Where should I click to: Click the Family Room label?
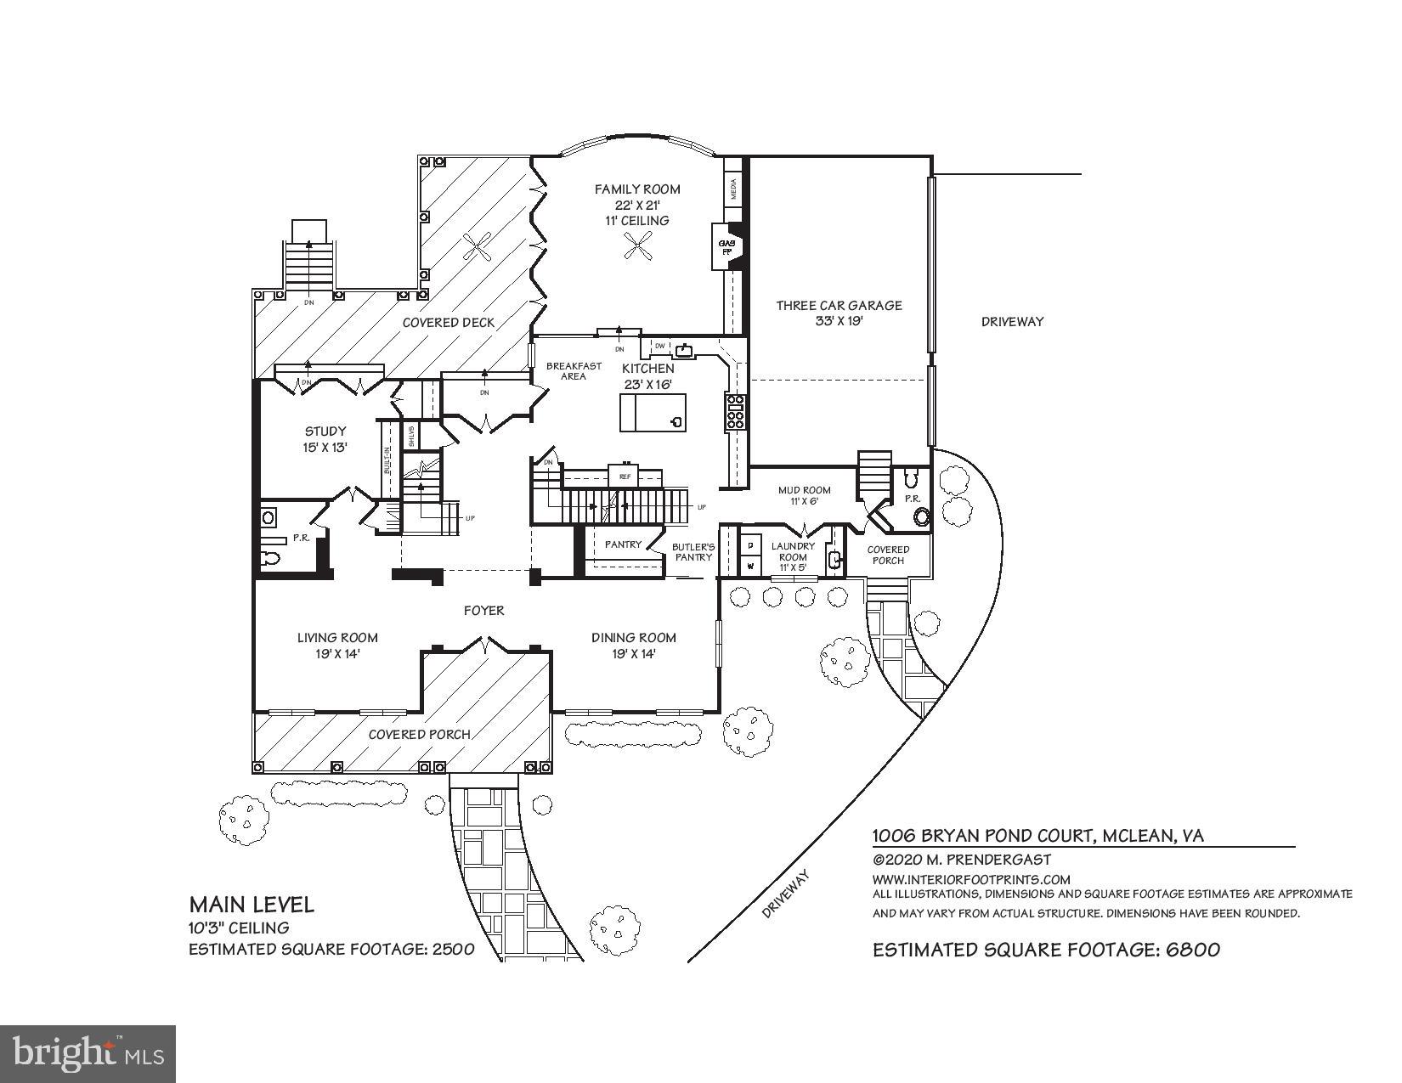(x=636, y=189)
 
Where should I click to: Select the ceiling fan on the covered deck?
(x=477, y=247)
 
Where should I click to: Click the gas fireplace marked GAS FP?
(x=727, y=246)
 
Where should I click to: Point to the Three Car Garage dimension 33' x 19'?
(x=838, y=321)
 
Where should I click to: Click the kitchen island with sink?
(x=652, y=414)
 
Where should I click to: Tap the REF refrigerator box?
(x=625, y=477)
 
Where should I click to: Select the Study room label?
(x=325, y=432)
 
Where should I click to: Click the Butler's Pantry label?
(x=693, y=552)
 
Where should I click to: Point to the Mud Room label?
(x=804, y=490)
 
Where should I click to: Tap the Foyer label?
(x=483, y=610)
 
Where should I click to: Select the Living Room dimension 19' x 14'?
(x=337, y=653)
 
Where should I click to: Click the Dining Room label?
(x=633, y=637)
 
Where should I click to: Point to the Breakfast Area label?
(x=574, y=371)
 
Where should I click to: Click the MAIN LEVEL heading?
(x=252, y=904)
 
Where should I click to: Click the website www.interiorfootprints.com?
(x=971, y=879)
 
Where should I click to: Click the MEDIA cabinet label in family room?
(x=733, y=189)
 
